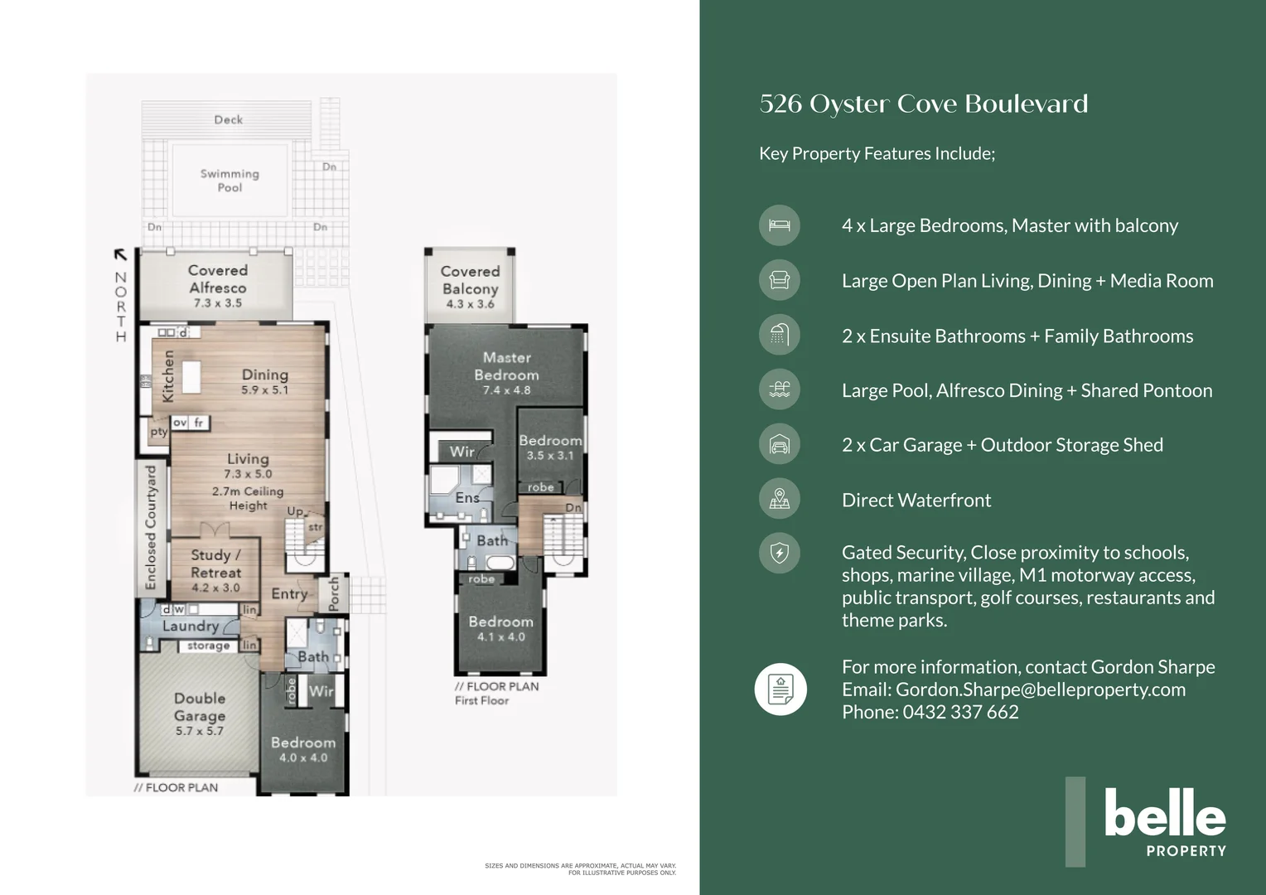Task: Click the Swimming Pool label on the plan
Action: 230,181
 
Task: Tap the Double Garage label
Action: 200,707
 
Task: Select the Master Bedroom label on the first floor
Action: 506,365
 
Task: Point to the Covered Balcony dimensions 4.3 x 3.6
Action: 470,304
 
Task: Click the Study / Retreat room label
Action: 215,564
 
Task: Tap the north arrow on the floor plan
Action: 121,255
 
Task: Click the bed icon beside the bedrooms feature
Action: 780,225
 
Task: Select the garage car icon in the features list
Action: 780,445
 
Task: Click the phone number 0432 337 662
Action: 960,712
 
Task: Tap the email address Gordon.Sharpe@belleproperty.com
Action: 1040,689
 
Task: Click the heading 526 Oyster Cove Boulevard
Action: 923,104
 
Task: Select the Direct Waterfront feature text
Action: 916,501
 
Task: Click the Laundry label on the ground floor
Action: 191,626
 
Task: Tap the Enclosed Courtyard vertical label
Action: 151,527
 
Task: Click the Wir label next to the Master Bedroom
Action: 461,452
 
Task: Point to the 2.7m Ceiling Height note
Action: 248,498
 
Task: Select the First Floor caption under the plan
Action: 481,701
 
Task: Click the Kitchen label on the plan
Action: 168,376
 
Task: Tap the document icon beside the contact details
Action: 780,689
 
